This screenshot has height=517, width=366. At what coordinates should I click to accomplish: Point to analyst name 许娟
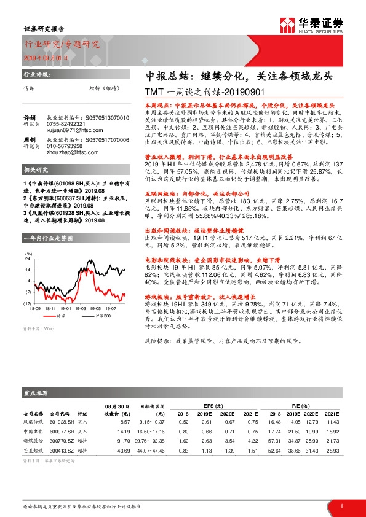[x=30, y=117]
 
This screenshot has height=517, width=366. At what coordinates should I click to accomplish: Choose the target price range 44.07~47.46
[x=154, y=450]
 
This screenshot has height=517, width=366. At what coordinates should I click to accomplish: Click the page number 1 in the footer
[x=341, y=505]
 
